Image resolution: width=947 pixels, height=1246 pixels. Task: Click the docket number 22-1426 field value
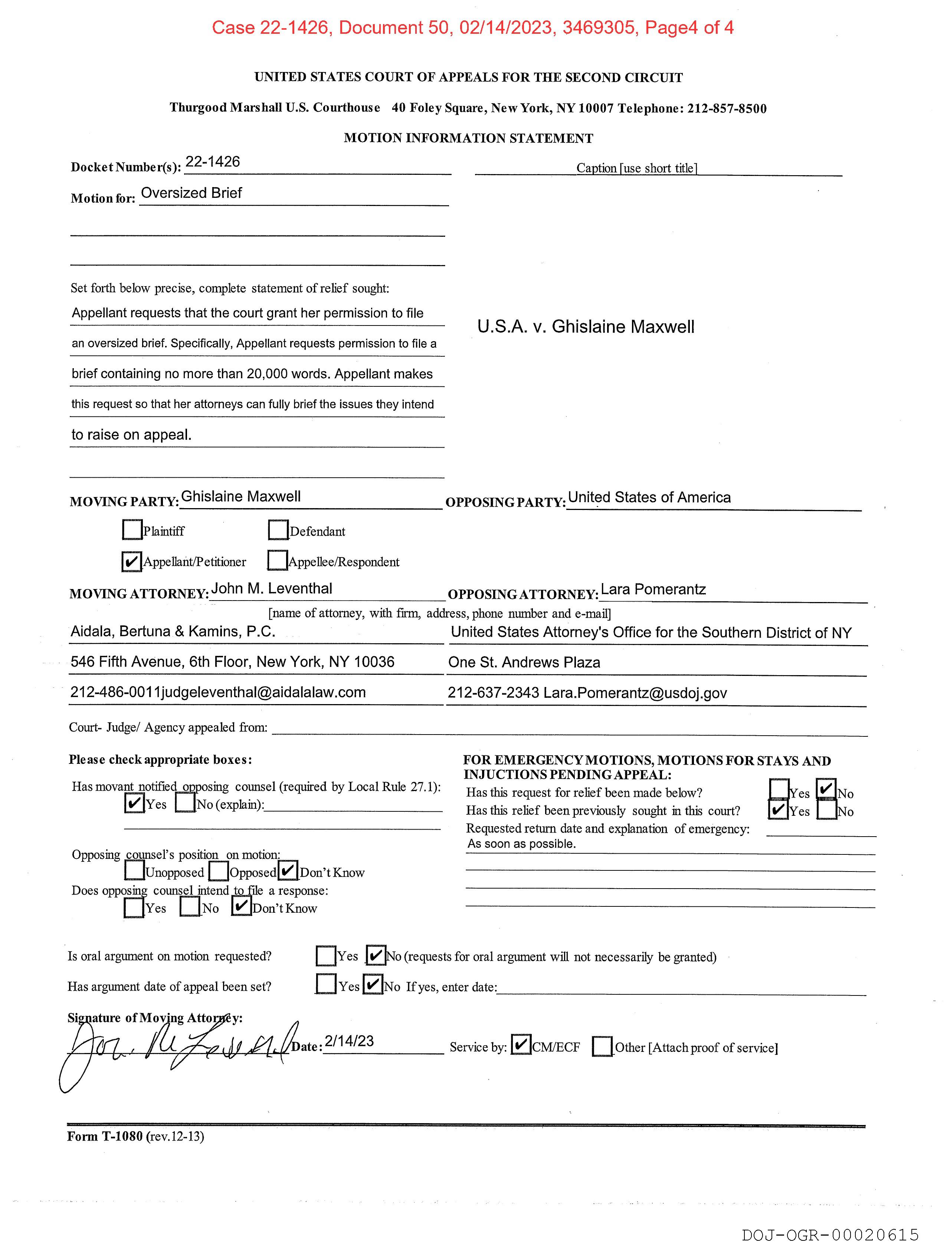(x=213, y=162)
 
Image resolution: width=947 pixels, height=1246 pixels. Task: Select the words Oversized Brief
(x=191, y=193)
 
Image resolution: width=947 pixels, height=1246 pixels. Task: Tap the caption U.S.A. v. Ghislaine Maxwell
(x=585, y=327)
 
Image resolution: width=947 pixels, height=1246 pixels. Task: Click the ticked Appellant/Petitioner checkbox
(x=132, y=561)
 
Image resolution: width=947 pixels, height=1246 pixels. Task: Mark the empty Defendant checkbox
(x=278, y=530)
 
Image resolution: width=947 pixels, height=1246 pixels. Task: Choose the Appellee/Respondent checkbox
(x=277, y=560)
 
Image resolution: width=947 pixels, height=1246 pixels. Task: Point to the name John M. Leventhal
(x=272, y=589)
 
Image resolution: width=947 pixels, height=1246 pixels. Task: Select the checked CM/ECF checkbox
(x=521, y=1045)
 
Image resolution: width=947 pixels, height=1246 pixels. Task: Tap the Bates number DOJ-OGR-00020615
(x=830, y=1235)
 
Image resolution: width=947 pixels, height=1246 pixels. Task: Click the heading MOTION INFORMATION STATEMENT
(x=468, y=138)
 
